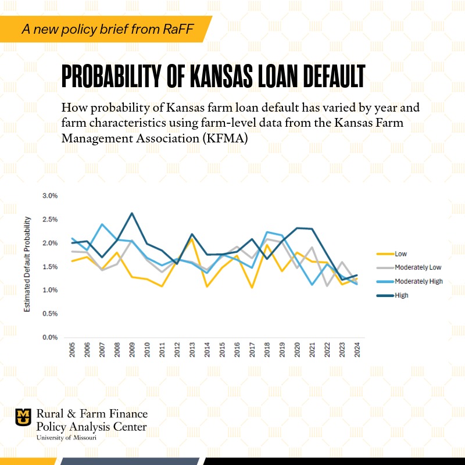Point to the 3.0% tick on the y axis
[x=50, y=196]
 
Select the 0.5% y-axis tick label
[x=50, y=314]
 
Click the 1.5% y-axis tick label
[x=50, y=267]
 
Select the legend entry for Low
[x=400, y=253]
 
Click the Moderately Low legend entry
[x=418, y=267]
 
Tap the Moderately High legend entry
[x=418, y=281]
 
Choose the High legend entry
[x=401, y=295]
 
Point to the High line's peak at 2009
[x=132, y=213]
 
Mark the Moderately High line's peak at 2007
[x=102, y=224]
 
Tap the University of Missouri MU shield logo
[x=23, y=417]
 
